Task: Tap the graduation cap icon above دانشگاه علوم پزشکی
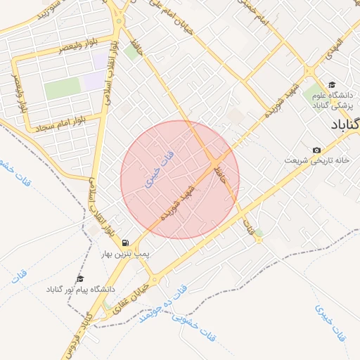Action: coord(332,84)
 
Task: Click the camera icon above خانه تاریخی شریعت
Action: coord(316,150)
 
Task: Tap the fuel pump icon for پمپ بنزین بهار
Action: coord(124,242)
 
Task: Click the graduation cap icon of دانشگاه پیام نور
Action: coord(79,279)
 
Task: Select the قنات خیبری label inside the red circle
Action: coord(159,165)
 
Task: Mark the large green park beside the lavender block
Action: coord(63,88)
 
